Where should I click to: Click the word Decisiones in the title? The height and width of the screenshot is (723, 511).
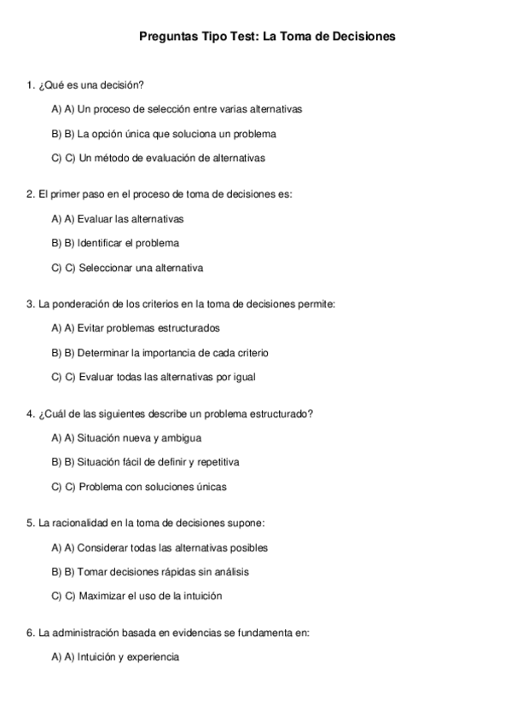pos(362,38)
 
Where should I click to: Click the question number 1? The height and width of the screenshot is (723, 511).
pos(31,85)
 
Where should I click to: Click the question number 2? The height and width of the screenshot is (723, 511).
pos(31,194)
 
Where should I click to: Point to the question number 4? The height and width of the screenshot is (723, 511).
pos(31,414)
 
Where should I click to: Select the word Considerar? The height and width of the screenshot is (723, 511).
pos(103,547)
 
